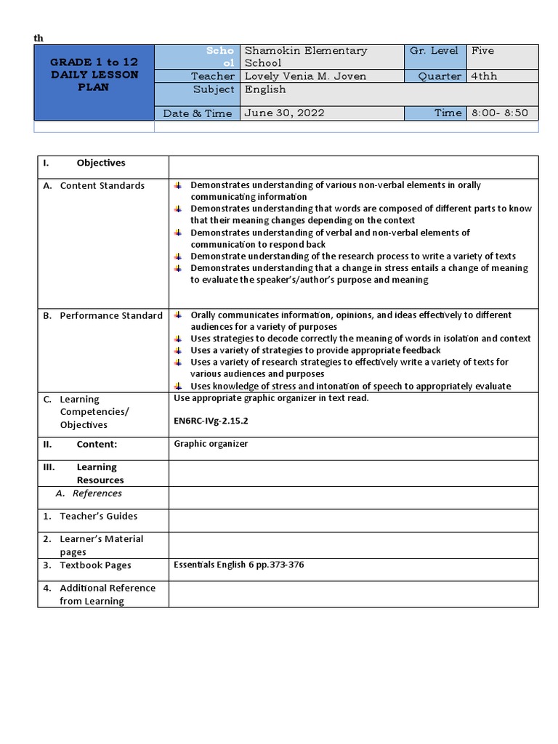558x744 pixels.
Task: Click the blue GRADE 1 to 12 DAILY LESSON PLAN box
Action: coord(94,75)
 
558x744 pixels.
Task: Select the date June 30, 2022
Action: coord(284,113)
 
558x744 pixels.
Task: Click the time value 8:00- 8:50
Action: coord(500,113)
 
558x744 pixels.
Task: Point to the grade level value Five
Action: coord(482,51)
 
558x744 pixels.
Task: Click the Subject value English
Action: coord(265,89)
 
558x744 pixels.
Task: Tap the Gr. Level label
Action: coord(434,51)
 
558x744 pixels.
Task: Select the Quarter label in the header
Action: coord(440,76)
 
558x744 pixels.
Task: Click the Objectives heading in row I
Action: coord(100,163)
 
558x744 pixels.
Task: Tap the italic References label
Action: coord(97,493)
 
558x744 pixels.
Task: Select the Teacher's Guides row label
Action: coord(98,516)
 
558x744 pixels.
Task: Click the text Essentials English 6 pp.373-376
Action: coord(238,565)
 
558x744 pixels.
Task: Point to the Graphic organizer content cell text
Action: coord(211,443)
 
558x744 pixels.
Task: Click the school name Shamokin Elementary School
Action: coord(305,57)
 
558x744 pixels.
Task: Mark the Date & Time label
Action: coord(198,113)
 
